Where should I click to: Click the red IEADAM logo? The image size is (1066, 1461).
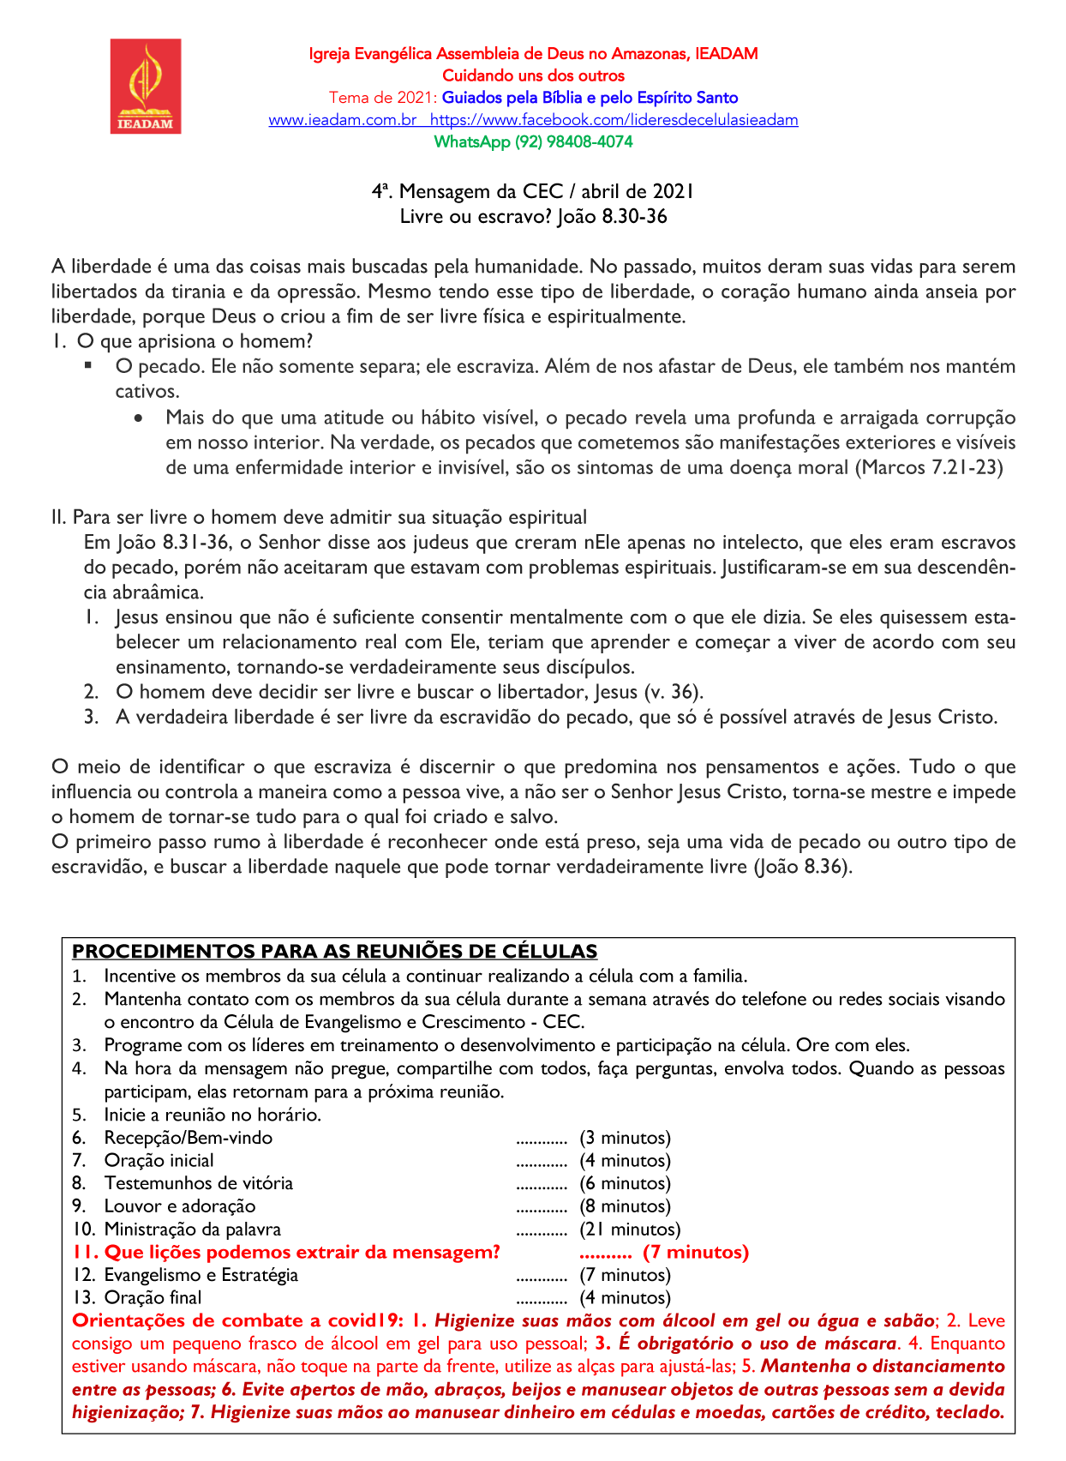(x=146, y=86)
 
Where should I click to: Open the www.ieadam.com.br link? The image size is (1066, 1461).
(x=343, y=120)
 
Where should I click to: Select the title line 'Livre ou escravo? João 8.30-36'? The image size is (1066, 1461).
(x=533, y=216)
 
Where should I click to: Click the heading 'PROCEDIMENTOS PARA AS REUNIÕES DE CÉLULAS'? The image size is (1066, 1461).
(x=334, y=952)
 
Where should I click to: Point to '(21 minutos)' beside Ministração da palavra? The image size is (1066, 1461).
(x=630, y=1230)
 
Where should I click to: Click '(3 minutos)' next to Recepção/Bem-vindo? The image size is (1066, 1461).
(x=625, y=1138)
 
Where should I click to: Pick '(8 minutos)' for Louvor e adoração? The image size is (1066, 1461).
(x=625, y=1206)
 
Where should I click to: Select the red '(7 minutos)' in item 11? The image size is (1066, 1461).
(x=696, y=1253)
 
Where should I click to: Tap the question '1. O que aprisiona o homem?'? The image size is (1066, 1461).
(x=183, y=341)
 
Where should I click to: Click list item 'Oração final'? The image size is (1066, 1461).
(x=153, y=1298)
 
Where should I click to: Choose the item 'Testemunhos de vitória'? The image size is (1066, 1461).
(x=198, y=1183)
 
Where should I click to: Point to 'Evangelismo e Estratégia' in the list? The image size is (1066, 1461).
(x=201, y=1275)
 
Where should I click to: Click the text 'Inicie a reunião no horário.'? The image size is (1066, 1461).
(x=213, y=1115)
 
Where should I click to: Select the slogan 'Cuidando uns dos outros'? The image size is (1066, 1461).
(x=533, y=75)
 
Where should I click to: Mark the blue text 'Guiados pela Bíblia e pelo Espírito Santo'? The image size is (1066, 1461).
(x=590, y=98)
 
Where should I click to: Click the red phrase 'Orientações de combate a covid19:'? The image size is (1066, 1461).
(x=231, y=1321)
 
